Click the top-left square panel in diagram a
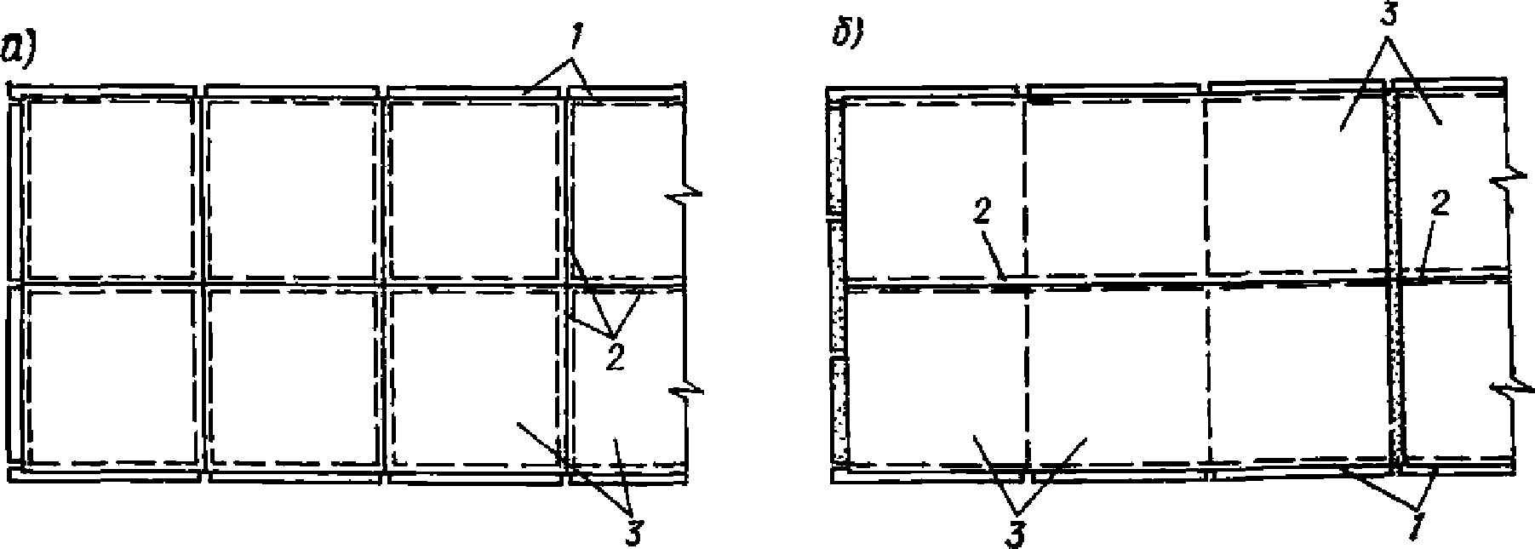pos(110,187)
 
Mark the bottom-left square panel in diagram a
pos(110,375)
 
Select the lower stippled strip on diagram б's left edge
pos(838,413)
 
